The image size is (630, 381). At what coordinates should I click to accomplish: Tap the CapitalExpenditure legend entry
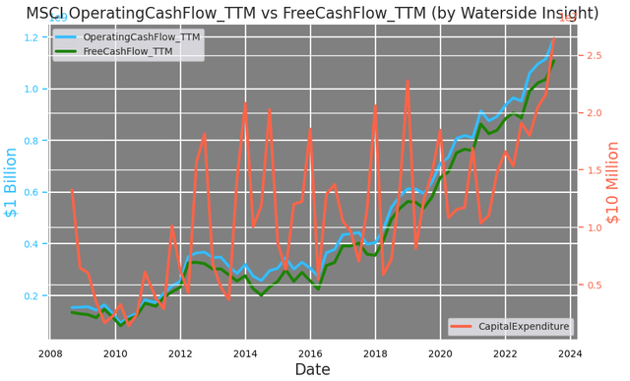pyautogui.click(x=523, y=326)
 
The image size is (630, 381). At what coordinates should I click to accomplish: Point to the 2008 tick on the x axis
pyautogui.click(x=50, y=353)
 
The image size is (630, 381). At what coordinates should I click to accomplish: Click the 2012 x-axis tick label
pyautogui.click(x=179, y=353)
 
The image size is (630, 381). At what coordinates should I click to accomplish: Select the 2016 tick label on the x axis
pyautogui.click(x=310, y=353)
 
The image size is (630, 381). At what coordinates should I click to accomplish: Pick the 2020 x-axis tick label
pyautogui.click(x=440, y=353)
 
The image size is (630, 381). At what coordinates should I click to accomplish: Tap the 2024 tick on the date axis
pyautogui.click(x=570, y=353)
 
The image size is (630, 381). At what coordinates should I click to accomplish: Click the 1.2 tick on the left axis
pyautogui.click(x=31, y=37)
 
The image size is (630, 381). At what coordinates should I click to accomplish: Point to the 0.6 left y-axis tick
pyautogui.click(x=31, y=192)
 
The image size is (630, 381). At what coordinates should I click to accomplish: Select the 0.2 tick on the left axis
pyautogui.click(x=31, y=295)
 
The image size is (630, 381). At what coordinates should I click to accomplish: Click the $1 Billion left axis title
pyautogui.click(x=11, y=182)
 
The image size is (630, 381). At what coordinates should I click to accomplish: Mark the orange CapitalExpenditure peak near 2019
pyautogui.click(x=408, y=81)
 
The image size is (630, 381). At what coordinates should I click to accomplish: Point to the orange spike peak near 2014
pyautogui.click(x=245, y=102)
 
